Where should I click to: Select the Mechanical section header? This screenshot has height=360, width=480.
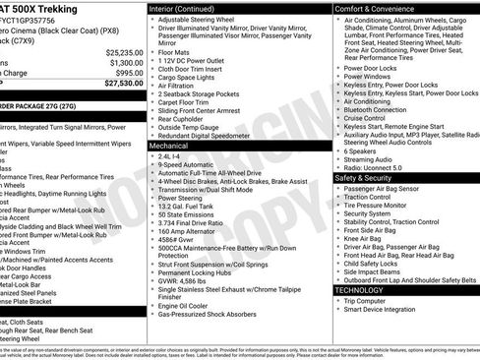click(x=169, y=145)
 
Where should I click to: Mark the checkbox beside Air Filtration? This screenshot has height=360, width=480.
click(x=152, y=86)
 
